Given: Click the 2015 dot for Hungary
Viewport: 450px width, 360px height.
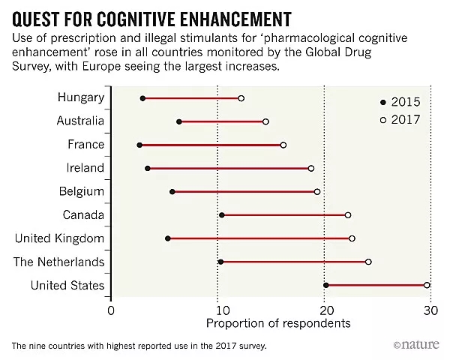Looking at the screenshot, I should (142, 98).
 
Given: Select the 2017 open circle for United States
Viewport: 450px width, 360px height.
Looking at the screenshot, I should (427, 285).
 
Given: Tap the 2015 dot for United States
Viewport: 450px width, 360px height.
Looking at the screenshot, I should (325, 285).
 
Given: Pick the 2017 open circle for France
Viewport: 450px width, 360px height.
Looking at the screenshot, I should (283, 145).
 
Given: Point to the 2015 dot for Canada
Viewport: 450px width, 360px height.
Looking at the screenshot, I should (221, 215).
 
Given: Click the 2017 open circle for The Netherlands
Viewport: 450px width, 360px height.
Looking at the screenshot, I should (368, 262).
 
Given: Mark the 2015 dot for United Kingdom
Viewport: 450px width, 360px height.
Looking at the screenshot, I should (168, 238).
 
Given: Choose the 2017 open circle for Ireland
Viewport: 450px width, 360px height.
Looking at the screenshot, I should (311, 169).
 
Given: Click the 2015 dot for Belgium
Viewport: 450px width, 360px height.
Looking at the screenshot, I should (172, 192).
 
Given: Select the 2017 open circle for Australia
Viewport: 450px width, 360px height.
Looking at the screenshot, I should (265, 121).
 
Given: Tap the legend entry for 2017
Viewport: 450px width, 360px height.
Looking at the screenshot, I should (400, 119).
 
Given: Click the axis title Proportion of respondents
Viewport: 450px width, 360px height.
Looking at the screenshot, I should (277, 324).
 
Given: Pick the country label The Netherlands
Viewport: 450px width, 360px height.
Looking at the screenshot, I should (59, 262).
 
